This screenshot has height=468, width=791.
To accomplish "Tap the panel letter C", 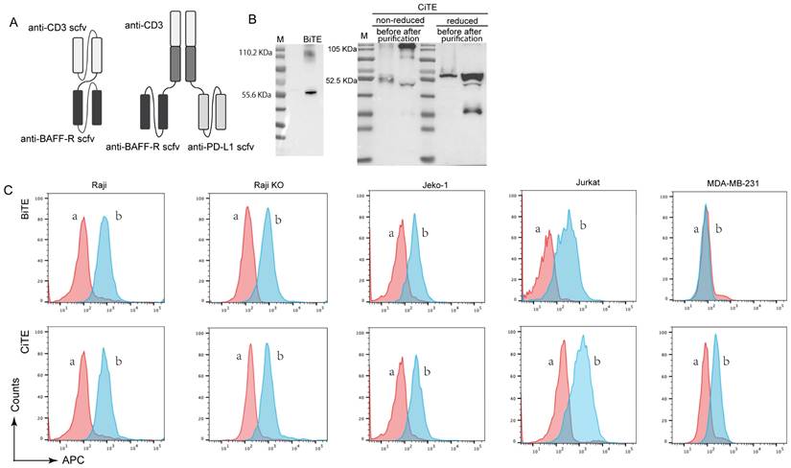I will coord(9,193).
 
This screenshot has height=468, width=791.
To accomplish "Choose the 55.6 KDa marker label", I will coord(253,95).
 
